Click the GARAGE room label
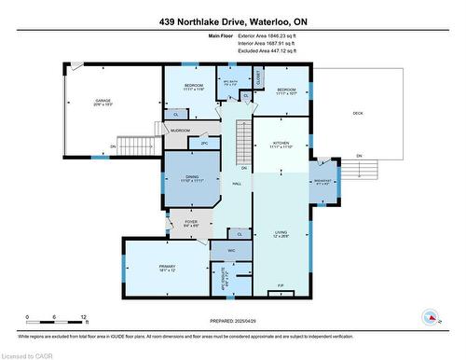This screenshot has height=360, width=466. tap(103, 101)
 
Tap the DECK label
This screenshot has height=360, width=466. tap(358, 114)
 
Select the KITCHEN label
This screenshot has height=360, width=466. tap(282, 143)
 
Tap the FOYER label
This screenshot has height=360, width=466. tap(191, 222)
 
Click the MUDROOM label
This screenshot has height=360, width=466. tap(182, 131)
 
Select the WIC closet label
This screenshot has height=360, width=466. tap(230, 251)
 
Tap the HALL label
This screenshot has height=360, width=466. tap(237, 185)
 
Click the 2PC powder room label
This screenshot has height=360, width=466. tap(204, 144)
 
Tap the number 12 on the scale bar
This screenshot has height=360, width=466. tap(84, 318)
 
